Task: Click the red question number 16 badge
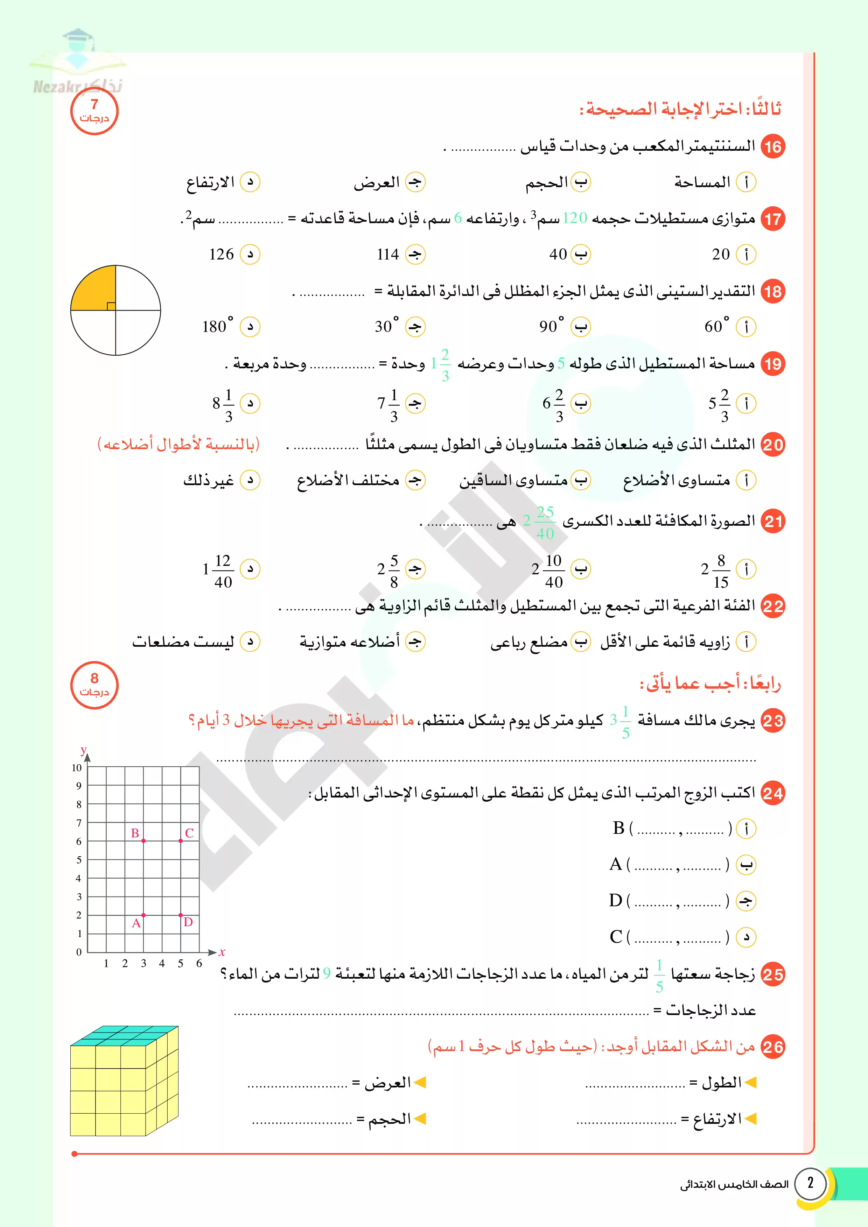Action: [x=773, y=147]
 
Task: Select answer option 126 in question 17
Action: [x=222, y=254]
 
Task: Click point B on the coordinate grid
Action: [x=143, y=841]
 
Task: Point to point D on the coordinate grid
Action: [x=181, y=915]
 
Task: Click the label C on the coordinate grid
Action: [x=189, y=832]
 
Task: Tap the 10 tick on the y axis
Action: [x=77, y=767]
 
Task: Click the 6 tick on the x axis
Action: [x=199, y=963]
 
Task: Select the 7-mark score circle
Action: [x=94, y=111]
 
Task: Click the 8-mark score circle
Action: [x=94, y=685]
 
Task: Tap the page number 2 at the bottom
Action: [x=810, y=1182]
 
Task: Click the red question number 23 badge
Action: [x=773, y=721]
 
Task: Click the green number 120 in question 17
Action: [x=575, y=218]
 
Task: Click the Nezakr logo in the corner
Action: [x=78, y=64]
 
